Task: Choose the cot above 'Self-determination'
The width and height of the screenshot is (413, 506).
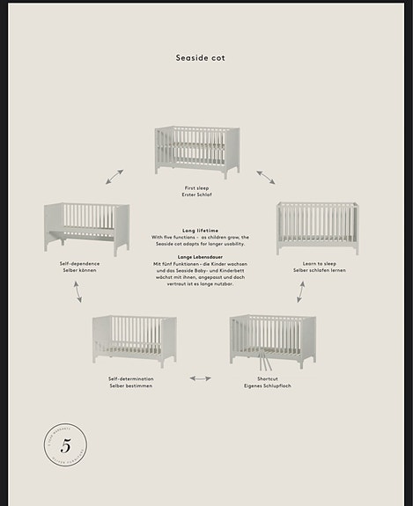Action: pyautogui.click(x=134, y=341)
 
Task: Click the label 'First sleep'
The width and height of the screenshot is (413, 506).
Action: pyautogui.click(x=196, y=187)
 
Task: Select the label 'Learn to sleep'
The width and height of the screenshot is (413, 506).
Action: pyautogui.click(x=319, y=263)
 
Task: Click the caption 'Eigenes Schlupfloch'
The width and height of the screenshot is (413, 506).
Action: pyautogui.click(x=267, y=385)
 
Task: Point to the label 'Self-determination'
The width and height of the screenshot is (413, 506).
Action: pyautogui.click(x=130, y=378)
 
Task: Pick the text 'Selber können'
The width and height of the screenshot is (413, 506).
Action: pyautogui.click(x=79, y=269)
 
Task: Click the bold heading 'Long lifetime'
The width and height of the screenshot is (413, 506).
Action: pyautogui.click(x=201, y=230)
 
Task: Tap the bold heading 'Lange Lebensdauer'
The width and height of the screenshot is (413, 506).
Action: pyautogui.click(x=201, y=256)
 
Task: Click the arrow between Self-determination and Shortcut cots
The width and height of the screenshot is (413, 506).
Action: pyautogui.click(x=201, y=378)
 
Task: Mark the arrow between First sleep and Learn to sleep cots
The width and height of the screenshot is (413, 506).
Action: pyautogui.click(x=265, y=177)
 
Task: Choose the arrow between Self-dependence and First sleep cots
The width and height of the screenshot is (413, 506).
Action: pyautogui.click(x=115, y=177)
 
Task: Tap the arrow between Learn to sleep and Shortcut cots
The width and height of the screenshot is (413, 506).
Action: pyautogui.click(x=300, y=292)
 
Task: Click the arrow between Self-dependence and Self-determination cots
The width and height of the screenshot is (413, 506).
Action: pyautogui.click(x=77, y=293)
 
